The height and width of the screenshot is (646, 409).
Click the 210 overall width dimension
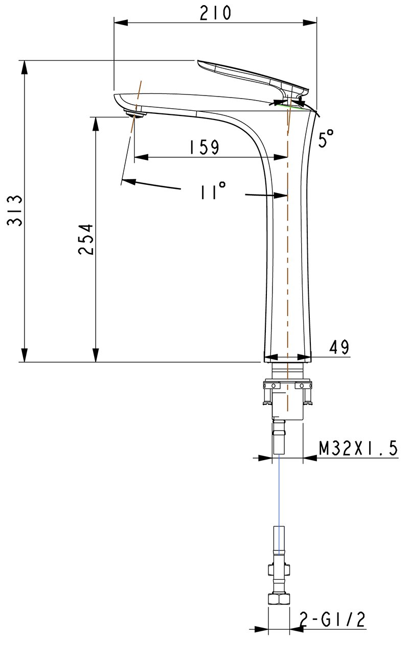(x=215, y=13)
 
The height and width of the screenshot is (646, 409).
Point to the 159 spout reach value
(x=203, y=148)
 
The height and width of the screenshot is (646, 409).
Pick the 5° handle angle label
(x=326, y=138)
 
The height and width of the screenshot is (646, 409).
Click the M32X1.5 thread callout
(x=357, y=448)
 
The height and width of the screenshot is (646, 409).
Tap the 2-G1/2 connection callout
(x=332, y=619)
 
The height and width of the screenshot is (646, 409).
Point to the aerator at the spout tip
(x=136, y=112)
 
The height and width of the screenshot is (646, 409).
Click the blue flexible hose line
(x=279, y=490)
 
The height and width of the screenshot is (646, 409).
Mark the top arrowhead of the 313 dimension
(x=23, y=66)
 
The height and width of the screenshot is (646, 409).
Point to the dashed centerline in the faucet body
(x=288, y=255)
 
